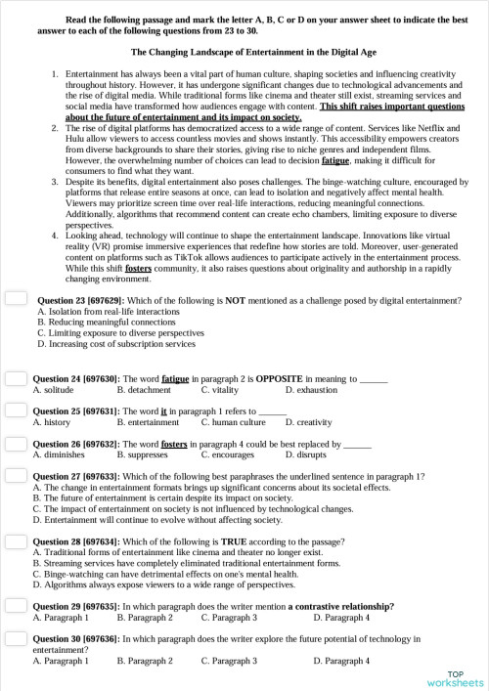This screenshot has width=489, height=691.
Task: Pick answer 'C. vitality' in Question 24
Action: pyautogui.click(x=226, y=389)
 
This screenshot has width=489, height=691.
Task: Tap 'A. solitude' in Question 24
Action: pyautogui.click(x=61, y=389)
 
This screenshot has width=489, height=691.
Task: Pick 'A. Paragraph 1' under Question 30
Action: pyautogui.click(x=61, y=661)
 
